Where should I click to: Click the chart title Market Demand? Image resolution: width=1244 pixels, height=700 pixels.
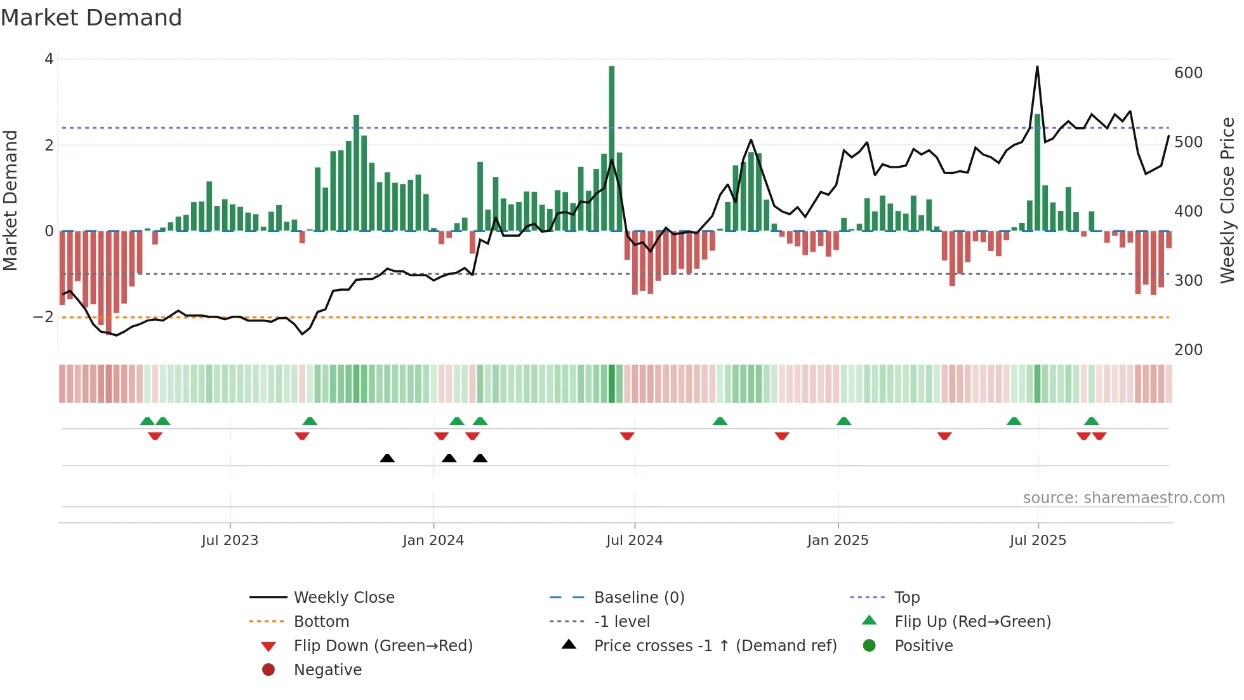pyautogui.click(x=91, y=18)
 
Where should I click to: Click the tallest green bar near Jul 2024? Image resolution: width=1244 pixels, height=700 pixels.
pyautogui.click(x=611, y=146)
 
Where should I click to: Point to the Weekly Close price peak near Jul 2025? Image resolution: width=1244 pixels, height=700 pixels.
pyautogui.click(x=1037, y=67)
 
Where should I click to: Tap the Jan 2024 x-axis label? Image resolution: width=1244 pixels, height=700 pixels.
pyautogui.click(x=433, y=541)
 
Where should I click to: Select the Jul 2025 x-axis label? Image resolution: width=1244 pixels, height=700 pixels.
pyautogui.click(x=1038, y=541)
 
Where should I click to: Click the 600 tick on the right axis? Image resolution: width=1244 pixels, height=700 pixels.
pyautogui.click(x=1188, y=73)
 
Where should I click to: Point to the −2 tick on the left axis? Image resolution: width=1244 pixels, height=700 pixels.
pyautogui.click(x=44, y=317)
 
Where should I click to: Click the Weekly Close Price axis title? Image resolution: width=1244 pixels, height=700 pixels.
pyautogui.click(x=1227, y=200)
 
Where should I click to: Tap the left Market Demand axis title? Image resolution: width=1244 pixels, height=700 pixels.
pyautogui.click(x=11, y=200)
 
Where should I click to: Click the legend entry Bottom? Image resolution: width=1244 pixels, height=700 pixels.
pyautogui.click(x=321, y=622)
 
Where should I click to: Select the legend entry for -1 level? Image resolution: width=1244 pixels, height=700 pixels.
pyautogui.click(x=621, y=622)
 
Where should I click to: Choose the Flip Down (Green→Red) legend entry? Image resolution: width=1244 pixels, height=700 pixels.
pyautogui.click(x=383, y=646)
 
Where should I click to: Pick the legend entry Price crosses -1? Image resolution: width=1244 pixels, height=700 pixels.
pyautogui.click(x=715, y=646)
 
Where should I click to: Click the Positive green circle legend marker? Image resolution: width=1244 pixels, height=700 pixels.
pyautogui.click(x=870, y=646)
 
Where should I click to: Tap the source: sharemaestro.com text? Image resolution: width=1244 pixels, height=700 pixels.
pyautogui.click(x=1123, y=498)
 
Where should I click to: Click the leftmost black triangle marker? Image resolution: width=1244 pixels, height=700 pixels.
pyautogui.click(x=387, y=459)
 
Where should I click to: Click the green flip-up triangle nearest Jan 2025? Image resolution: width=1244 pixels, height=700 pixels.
pyautogui.click(x=844, y=421)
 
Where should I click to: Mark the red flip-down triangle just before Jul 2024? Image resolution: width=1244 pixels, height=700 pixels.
pyautogui.click(x=627, y=436)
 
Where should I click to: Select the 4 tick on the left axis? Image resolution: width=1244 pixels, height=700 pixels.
pyautogui.click(x=49, y=59)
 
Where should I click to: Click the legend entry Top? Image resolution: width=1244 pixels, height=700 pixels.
pyautogui.click(x=907, y=598)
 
